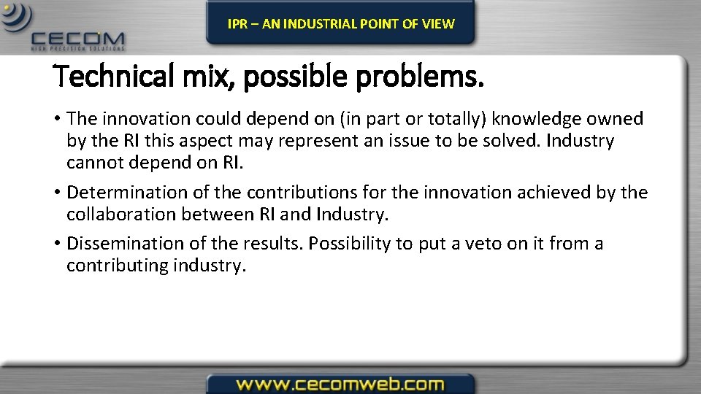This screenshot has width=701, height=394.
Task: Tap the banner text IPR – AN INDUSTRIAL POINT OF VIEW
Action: (340, 23)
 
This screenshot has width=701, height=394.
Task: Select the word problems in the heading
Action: (420, 78)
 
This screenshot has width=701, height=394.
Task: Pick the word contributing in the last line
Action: (118, 266)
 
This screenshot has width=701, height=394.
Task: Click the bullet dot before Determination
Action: (56, 193)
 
